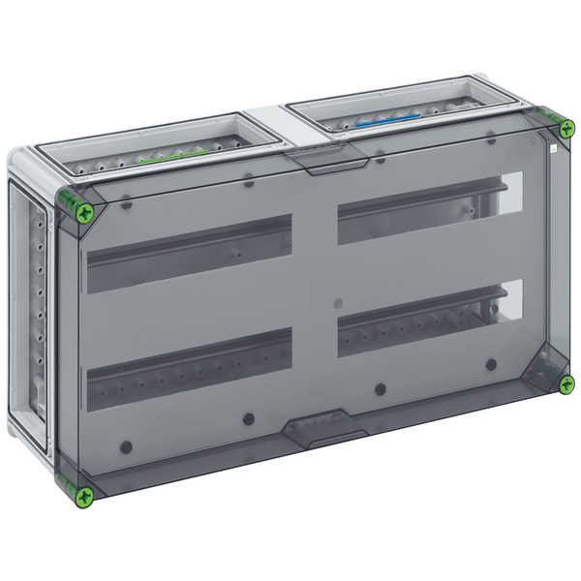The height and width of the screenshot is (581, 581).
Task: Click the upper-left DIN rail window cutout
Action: [189, 254]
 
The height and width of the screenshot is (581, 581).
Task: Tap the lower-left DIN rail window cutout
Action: [189, 369]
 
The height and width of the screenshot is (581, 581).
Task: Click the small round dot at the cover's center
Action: [335, 302]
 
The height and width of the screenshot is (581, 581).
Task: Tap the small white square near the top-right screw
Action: [554, 149]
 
